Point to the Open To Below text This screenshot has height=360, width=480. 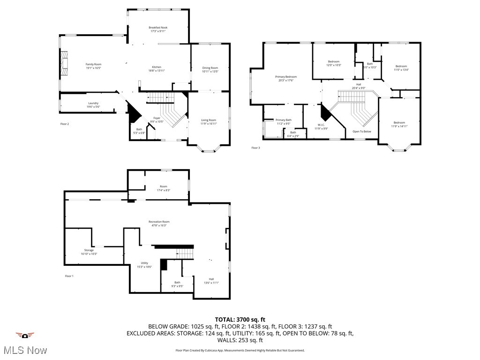[x=362, y=131]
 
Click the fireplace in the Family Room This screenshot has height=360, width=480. [x=64, y=63]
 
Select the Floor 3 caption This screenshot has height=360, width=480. [x=255, y=148]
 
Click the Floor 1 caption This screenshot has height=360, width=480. [x=69, y=276]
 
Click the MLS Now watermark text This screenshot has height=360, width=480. [x=25, y=350]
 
